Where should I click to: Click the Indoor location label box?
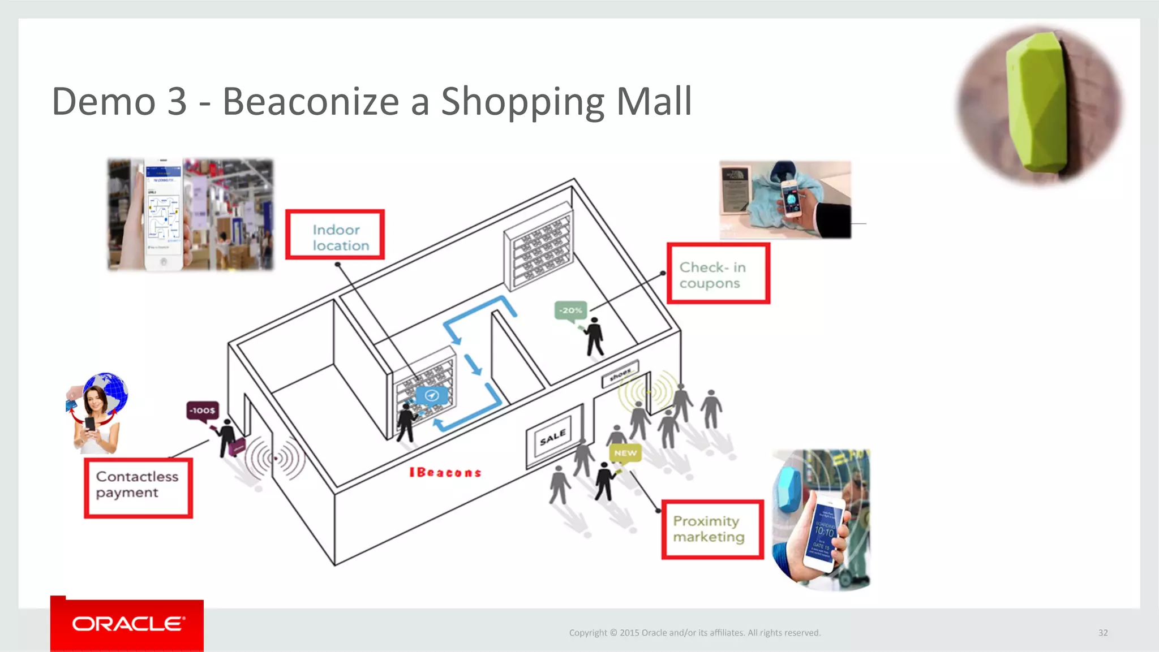[335, 235]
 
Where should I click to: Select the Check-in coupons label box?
[718, 274]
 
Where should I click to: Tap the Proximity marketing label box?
[712, 529]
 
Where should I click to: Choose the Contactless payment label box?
[139, 487]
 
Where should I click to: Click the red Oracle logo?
[127, 624]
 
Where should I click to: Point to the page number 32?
[1103, 633]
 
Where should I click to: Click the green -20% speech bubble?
[570, 310]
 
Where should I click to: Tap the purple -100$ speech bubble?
[202, 411]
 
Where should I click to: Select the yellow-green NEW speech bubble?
[625, 453]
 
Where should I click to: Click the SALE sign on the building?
[553, 437]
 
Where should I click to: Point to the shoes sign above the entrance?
[620, 374]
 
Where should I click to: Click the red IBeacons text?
[445, 472]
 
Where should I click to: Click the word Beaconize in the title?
[311, 102]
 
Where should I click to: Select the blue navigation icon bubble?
[432, 395]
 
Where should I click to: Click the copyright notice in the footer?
[694, 633]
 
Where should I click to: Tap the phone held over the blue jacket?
[791, 199]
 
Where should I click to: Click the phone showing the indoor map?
[164, 214]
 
